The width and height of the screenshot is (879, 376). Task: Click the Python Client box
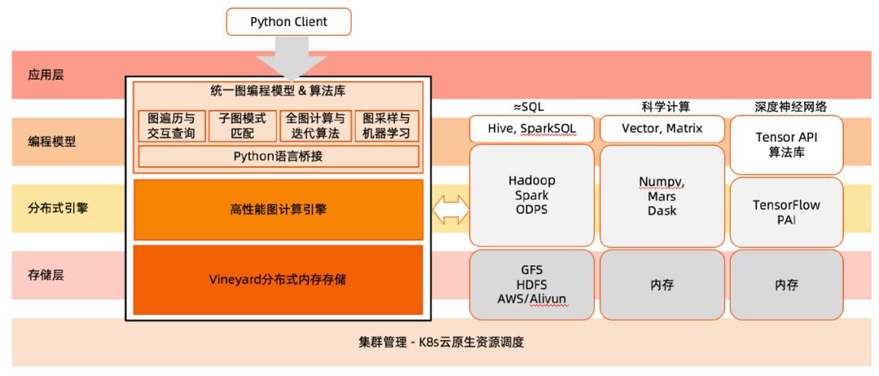289,22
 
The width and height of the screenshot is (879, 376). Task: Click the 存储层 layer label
46,275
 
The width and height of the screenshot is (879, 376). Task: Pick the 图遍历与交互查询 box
171,127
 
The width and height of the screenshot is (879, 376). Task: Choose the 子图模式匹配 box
243,127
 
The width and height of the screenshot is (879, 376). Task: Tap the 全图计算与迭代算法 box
314,127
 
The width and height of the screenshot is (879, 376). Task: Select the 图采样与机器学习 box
387,127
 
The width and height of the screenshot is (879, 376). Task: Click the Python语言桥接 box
278,156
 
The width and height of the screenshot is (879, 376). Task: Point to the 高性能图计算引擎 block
278,210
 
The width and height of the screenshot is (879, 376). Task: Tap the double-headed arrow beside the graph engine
452,210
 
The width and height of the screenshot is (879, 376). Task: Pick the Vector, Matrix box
662,129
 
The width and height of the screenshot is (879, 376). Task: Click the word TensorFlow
786,205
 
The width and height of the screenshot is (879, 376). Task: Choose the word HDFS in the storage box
531,284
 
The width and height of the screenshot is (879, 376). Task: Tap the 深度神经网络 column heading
786,107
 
